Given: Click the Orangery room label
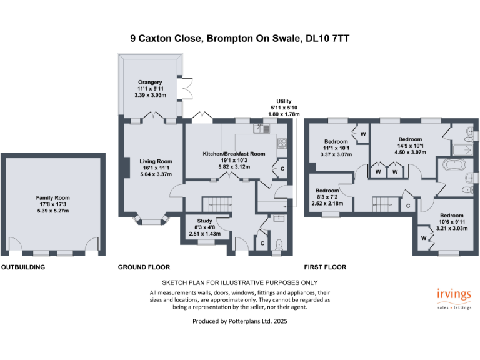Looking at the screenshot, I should (x=150, y=82).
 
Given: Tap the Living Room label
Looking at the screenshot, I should (x=155, y=161).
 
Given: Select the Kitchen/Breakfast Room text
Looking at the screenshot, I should (x=234, y=153).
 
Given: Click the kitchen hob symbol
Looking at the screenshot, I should (x=281, y=142).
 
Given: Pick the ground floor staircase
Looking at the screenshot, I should (x=216, y=204).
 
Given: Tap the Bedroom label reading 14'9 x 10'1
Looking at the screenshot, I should (x=410, y=139).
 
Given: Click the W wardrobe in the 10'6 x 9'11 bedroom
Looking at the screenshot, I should (x=423, y=238).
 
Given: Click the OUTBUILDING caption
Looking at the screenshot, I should (x=23, y=267).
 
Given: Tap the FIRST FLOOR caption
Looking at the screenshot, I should (x=325, y=267).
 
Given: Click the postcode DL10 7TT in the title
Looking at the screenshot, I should (x=327, y=38).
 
